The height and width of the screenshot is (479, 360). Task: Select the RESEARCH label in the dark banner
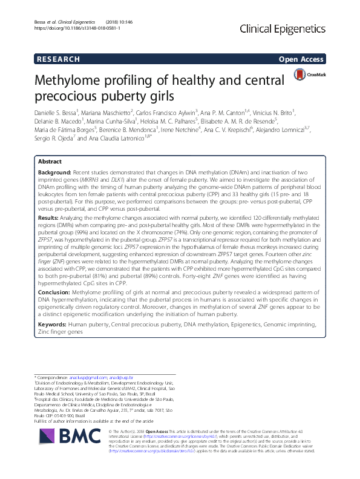(x=58, y=59)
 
